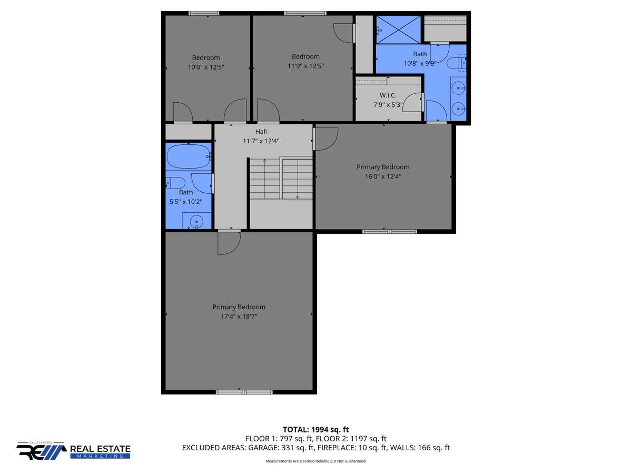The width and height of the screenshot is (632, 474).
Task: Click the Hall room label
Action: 261,132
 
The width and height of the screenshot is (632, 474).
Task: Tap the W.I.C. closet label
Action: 388,95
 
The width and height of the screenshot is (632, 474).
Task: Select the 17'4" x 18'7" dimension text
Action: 239,317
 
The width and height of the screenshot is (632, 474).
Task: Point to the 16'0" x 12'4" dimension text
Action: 383,176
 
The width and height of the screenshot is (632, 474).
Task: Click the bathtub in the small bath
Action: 189,156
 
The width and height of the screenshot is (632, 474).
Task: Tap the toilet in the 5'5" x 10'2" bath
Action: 176,183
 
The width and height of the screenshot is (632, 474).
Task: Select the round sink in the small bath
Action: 196,222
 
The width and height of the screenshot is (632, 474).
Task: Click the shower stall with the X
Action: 398,29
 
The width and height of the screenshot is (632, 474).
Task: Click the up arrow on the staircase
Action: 264,179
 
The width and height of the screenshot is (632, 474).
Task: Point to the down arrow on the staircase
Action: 298,179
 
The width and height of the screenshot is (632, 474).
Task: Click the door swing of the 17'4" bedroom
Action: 229,243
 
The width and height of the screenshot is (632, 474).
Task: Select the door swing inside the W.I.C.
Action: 412,103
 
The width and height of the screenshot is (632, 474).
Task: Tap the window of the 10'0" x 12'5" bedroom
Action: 204,13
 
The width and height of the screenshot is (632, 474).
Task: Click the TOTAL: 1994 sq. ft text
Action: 316,430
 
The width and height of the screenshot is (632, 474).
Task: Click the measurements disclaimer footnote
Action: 316,461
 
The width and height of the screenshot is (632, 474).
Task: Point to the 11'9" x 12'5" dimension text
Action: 305,66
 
